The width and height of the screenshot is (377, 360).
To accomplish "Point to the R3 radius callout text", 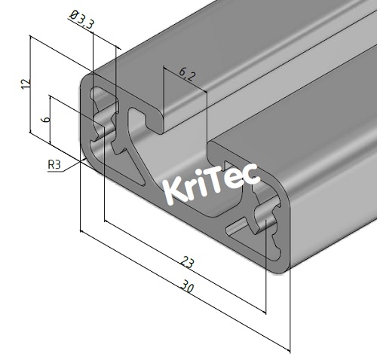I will [x=55, y=164].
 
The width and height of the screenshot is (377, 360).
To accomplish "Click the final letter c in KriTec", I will [x=251, y=175].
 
